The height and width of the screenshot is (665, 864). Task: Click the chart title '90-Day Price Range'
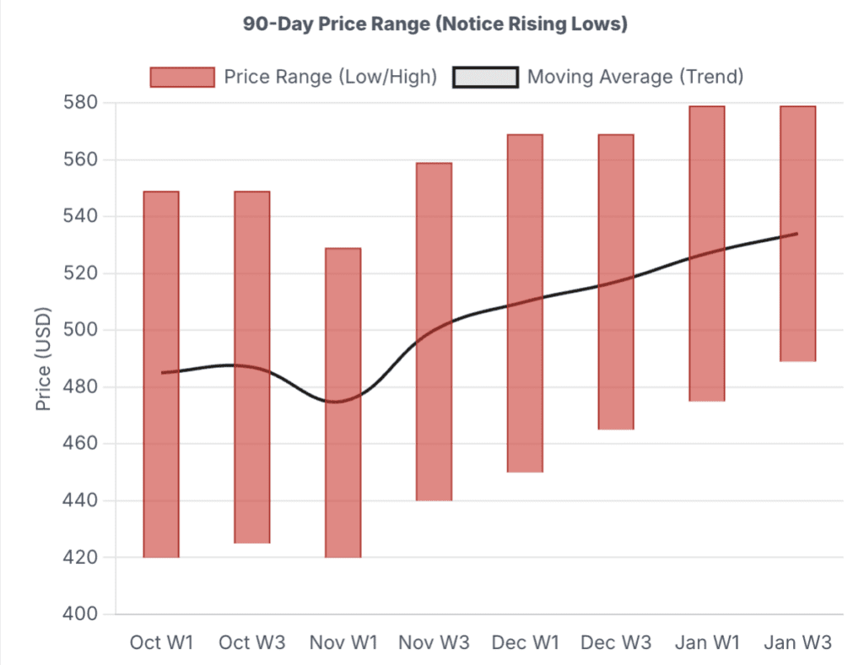point(435,24)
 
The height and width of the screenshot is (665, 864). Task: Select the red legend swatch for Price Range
point(181,77)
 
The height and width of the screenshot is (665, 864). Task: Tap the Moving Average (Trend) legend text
point(634,77)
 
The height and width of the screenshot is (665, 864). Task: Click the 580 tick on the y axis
point(83,103)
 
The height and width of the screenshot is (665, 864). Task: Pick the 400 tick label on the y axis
point(83,614)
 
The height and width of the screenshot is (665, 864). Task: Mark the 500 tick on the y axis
point(83,330)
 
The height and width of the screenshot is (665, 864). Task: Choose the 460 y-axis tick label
point(83,444)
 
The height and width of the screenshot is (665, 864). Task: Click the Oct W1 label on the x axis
point(161,642)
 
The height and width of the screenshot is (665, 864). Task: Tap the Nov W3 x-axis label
point(434,642)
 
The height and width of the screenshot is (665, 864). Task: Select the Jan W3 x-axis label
point(797,642)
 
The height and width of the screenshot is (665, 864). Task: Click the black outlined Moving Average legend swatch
point(485,77)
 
